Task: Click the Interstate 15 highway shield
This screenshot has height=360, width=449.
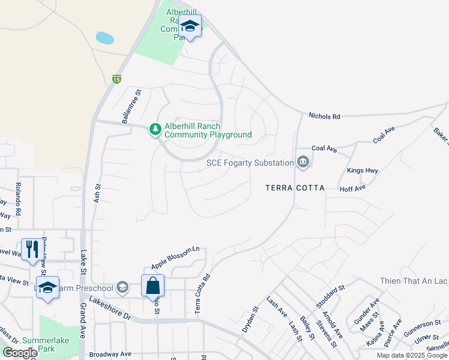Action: [116, 79]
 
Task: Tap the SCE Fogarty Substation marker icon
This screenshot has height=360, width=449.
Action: [303, 161]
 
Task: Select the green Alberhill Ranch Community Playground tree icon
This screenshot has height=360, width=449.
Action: [155, 129]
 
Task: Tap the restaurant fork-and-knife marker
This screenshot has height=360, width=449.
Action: [31, 249]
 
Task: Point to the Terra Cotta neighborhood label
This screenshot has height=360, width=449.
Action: [295, 188]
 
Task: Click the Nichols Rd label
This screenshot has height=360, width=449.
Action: [324, 116]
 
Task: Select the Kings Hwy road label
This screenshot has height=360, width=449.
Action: [363, 171]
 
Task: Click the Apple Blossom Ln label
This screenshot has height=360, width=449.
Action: [175, 257]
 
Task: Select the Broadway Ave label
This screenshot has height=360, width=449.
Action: [110, 354]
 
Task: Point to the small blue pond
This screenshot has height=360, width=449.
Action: [105, 38]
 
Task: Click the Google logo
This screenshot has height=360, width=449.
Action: [20, 353]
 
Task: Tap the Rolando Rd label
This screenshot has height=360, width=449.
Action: [18, 199]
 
